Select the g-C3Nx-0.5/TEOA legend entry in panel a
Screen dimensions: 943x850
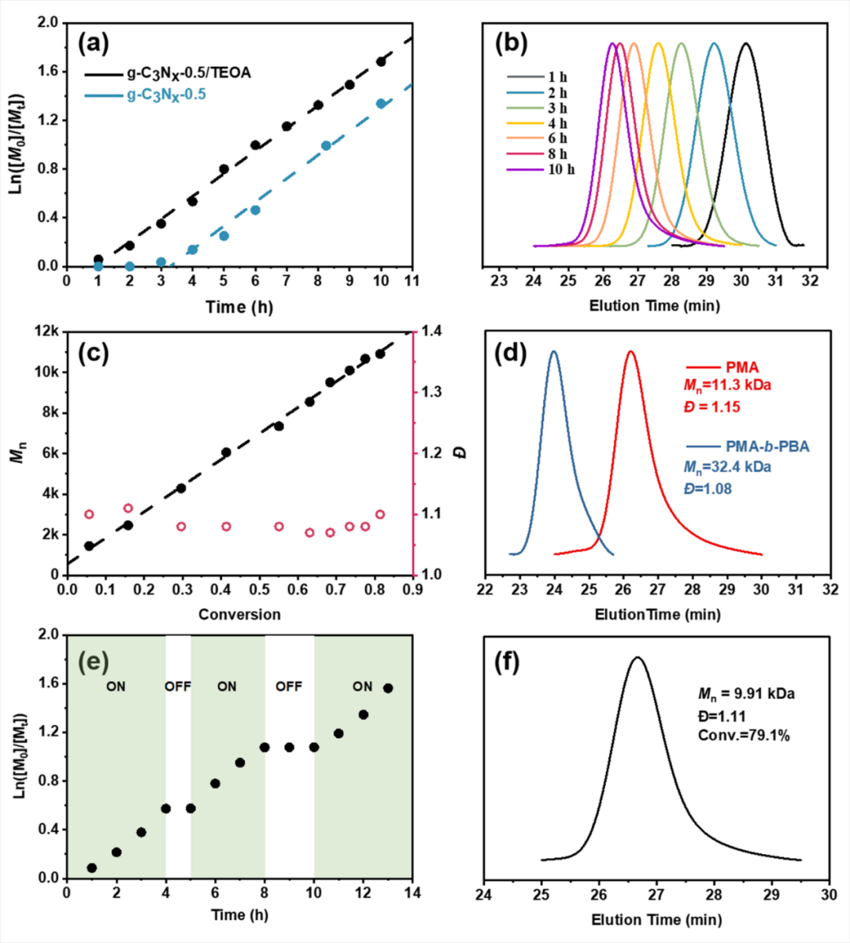(189, 74)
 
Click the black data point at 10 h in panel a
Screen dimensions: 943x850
(381, 61)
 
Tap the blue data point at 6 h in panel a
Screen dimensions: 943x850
(255, 210)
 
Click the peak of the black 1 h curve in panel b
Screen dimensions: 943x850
(745, 44)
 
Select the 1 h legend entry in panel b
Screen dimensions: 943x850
(557, 77)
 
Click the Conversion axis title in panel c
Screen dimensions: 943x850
(239, 614)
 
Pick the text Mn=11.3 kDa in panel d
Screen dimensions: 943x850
(726, 386)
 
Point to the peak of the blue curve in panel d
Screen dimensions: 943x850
(554, 352)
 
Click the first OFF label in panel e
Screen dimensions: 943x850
(178, 686)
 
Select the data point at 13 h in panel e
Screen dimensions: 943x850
(387, 688)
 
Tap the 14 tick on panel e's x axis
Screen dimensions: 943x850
(412, 893)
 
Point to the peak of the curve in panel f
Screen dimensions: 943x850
(637, 657)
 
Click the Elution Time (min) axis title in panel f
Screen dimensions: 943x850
(656, 919)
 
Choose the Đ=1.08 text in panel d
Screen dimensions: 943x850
(707, 489)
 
